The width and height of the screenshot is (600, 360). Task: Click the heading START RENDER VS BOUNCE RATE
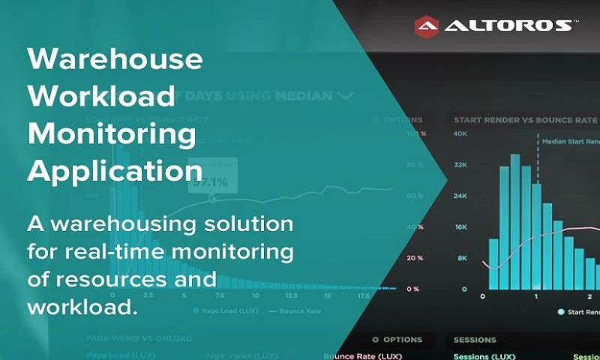[525, 120]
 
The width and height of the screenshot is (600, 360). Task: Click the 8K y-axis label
[462, 257]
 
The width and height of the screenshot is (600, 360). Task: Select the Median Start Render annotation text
[571, 140]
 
